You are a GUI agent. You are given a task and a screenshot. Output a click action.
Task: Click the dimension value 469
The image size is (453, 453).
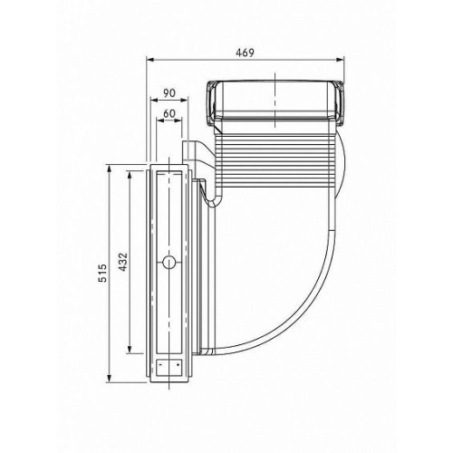tap(245, 53)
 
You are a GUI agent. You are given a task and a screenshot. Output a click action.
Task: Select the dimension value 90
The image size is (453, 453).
tap(169, 93)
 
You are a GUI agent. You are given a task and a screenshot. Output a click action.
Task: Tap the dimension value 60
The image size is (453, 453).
tap(169, 113)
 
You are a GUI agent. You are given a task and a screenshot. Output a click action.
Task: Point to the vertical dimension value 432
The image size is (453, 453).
tap(123, 262)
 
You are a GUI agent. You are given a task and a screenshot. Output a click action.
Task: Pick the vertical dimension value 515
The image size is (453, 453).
tap(102, 273)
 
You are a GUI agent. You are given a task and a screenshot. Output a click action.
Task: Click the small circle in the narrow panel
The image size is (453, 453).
tap(169, 262)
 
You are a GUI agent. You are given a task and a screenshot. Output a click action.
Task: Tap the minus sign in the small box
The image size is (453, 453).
tap(160, 365)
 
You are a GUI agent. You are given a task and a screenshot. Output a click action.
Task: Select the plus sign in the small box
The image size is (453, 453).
tap(178, 365)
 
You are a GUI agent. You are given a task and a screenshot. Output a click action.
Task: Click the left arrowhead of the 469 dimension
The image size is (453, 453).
tap(150, 60)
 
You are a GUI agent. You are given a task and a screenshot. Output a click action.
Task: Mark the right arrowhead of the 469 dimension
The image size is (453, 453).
tap(340, 60)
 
